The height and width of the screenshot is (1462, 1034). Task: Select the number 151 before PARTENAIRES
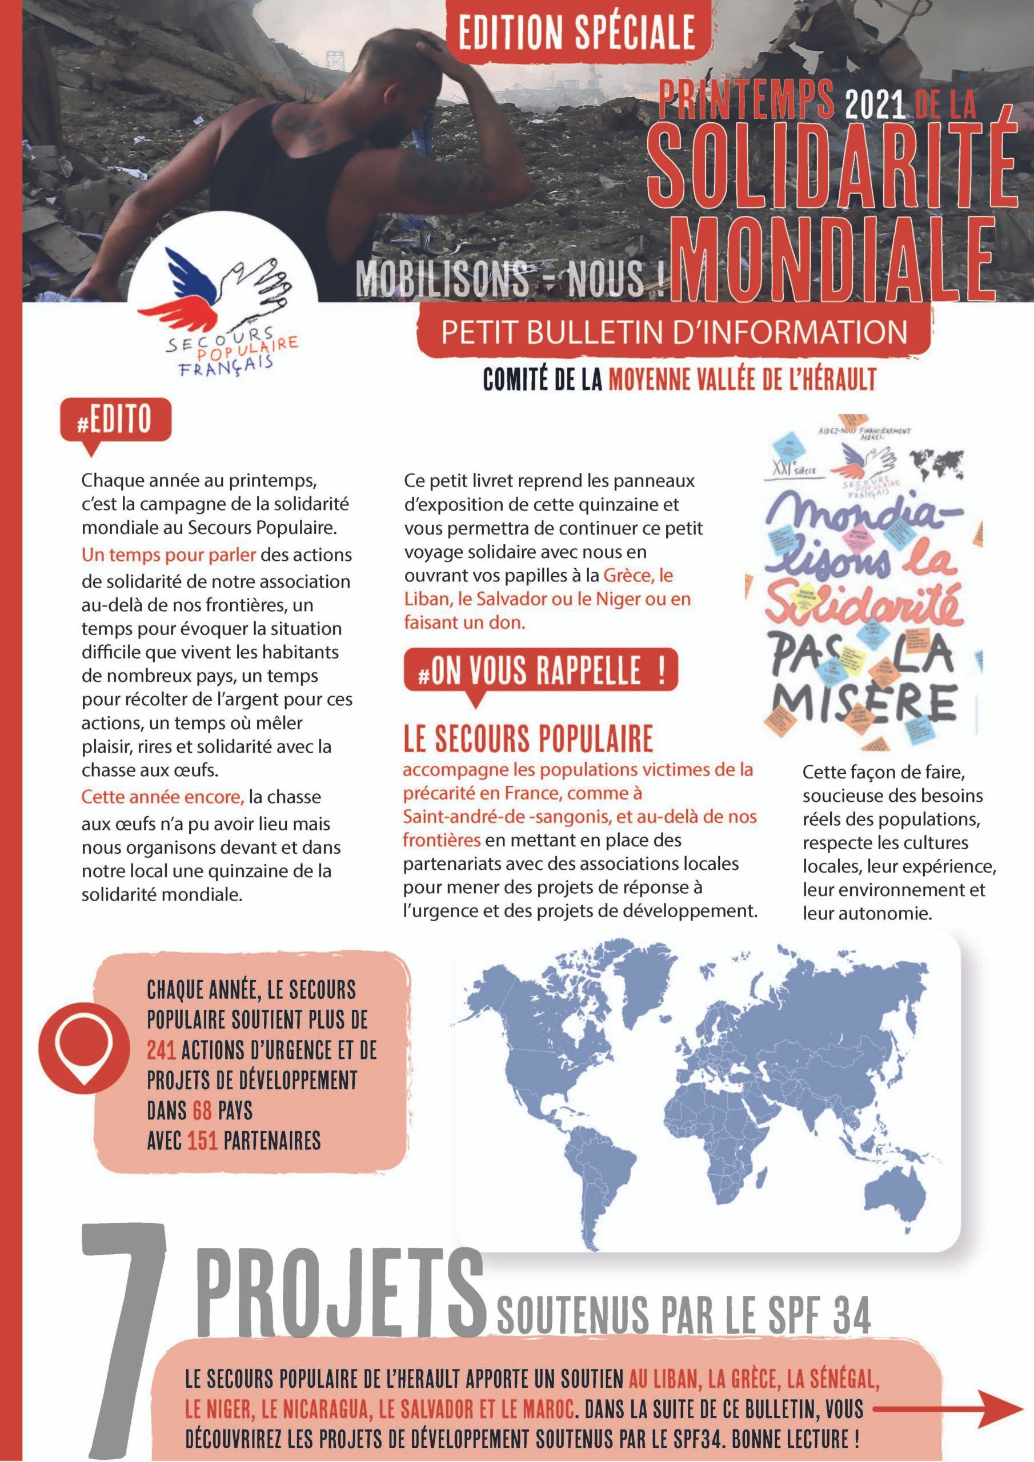click(x=203, y=1140)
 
